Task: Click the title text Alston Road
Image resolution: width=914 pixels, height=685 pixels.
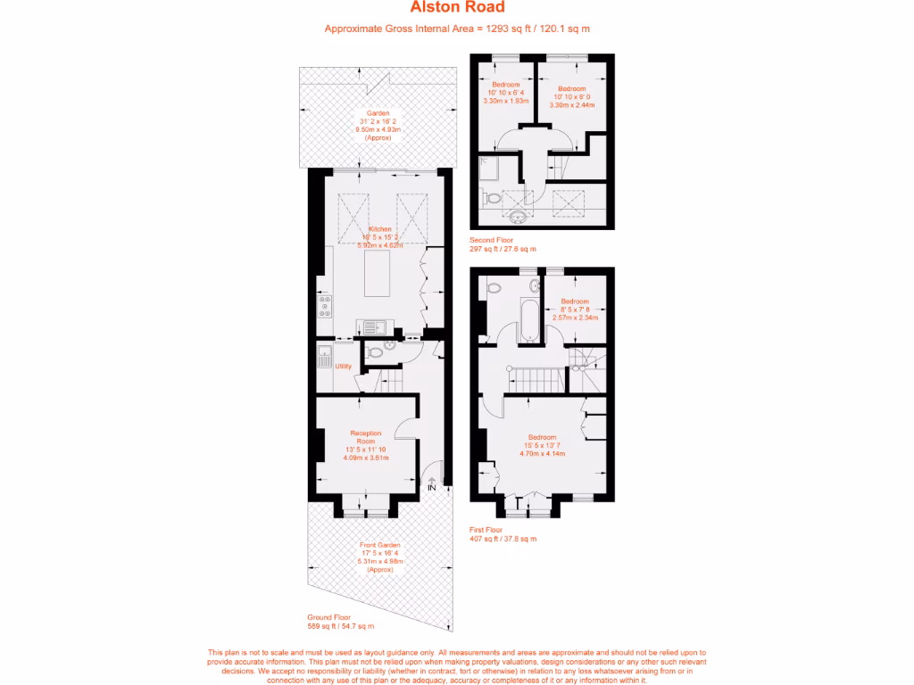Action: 457,8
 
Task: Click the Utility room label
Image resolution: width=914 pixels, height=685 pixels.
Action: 344,366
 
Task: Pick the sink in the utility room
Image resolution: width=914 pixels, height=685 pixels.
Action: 324,361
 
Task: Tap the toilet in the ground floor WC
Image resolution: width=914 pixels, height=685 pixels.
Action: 376,353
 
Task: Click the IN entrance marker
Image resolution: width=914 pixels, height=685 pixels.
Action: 432,488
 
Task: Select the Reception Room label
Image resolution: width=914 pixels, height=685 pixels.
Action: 365,437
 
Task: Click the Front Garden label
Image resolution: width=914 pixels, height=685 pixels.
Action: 380,544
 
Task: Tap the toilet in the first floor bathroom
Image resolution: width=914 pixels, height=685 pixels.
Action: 493,287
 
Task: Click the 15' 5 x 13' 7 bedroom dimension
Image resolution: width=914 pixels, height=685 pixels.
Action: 542,445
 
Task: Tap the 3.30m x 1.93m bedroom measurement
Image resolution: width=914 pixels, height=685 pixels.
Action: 505,101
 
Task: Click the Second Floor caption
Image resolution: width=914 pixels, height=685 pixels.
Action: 491,241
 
